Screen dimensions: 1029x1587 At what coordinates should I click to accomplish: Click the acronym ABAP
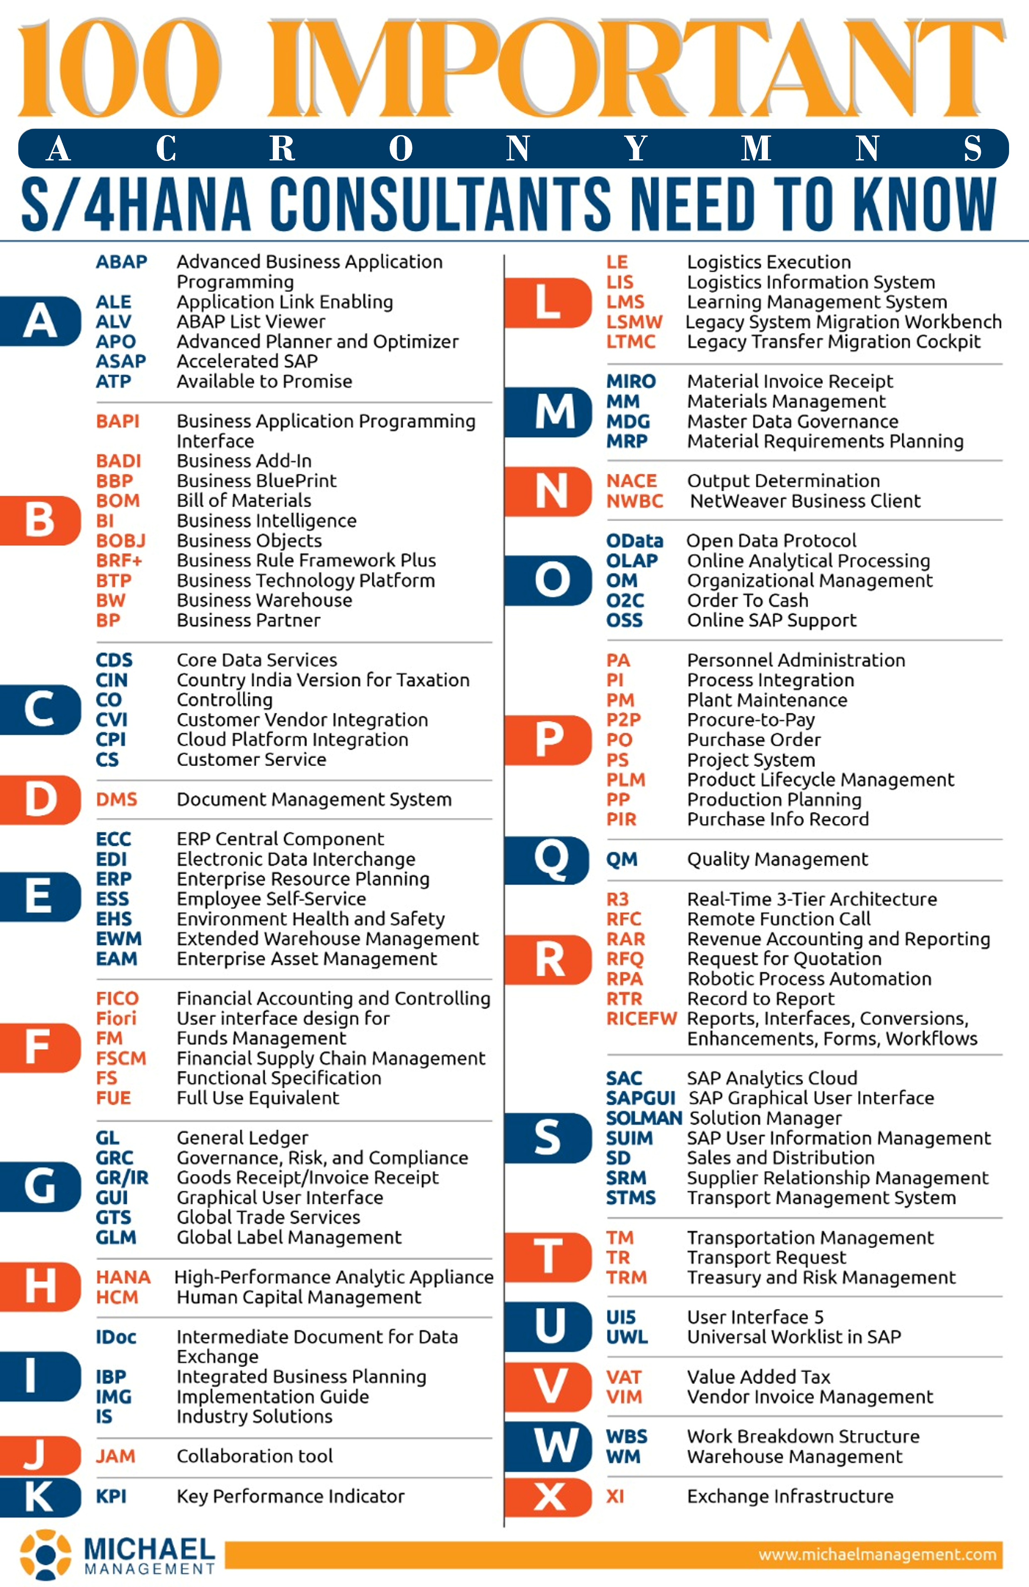point(121,261)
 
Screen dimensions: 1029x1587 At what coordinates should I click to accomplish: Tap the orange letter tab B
point(40,520)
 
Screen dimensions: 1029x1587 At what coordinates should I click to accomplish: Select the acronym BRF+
point(119,560)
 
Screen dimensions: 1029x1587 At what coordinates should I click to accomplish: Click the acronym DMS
point(117,799)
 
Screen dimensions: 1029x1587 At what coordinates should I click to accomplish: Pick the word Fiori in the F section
point(116,1018)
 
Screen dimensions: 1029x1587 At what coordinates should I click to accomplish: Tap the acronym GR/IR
point(122,1178)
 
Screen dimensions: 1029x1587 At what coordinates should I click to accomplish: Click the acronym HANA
point(123,1277)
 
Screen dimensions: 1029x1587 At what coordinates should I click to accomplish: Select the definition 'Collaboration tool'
point(255,1456)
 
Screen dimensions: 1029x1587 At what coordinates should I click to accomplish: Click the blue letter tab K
point(40,1497)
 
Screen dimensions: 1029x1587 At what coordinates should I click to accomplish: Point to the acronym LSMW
point(634,322)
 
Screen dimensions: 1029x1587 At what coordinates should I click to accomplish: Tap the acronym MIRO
point(631,382)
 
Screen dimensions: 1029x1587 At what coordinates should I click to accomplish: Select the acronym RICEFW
point(641,1018)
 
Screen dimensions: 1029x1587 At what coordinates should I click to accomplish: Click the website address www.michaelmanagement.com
point(877,1554)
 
